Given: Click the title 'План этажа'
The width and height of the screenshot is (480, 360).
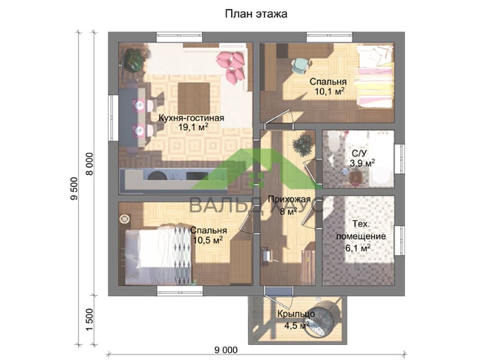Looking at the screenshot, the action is (256, 14).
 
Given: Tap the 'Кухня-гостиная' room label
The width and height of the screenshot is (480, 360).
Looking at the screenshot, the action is (191, 118).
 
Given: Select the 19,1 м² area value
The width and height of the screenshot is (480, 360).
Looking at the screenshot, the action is (193, 127).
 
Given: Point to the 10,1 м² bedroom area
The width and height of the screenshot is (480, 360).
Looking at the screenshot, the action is (329, 91).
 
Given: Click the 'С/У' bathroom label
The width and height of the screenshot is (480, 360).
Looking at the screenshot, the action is (358, 153).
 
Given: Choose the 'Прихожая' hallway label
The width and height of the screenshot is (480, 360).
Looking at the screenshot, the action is (289, 200).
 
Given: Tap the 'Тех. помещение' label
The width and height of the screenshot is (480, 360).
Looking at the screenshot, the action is (361, 230).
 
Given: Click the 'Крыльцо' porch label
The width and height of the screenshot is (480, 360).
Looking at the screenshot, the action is (296, 314).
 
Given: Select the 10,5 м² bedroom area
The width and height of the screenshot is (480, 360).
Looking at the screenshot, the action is (208, 241).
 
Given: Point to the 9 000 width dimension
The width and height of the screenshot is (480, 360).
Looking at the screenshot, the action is (226, 350).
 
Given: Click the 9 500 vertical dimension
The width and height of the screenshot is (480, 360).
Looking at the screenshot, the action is (74, 188).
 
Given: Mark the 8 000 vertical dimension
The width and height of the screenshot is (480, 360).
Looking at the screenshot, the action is (89, 164).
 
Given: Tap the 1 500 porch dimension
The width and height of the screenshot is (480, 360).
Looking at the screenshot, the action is (89, 320).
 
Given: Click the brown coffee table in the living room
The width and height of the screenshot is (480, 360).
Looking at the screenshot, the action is (194, 98).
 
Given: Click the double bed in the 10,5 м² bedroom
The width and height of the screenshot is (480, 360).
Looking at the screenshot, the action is (158, 254).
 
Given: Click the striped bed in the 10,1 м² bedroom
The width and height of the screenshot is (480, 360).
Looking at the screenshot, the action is (374, 77).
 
